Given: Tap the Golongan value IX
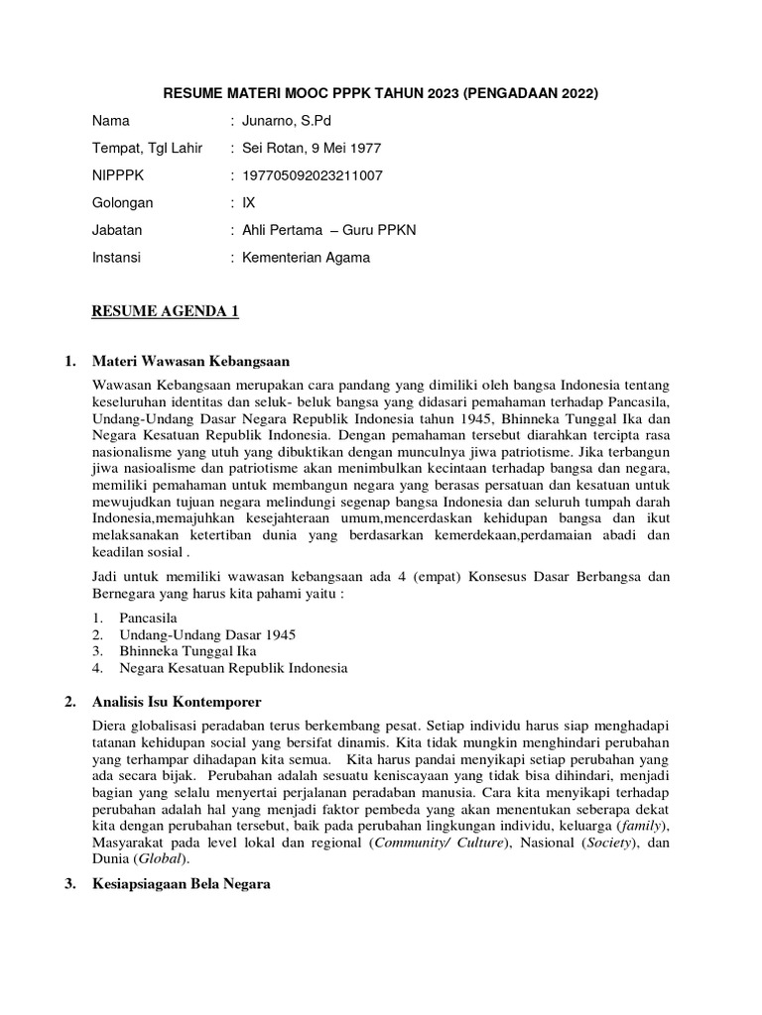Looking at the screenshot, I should [x=249, y=202].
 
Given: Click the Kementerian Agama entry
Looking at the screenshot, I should [x=313, y=257].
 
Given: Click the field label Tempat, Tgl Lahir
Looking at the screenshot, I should [x=147, y=149].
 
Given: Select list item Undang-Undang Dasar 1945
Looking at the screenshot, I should [x=207, y=634].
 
